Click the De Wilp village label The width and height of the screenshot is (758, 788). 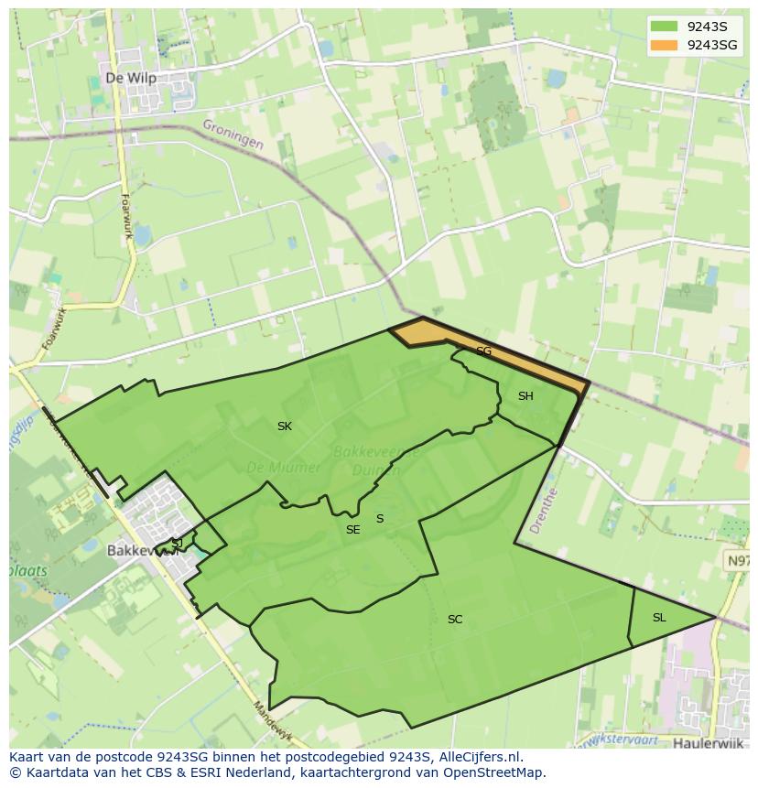[131, 79]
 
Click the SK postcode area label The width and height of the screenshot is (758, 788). [285, 426]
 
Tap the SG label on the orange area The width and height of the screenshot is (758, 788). [483, 351]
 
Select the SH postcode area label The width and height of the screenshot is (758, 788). [525, 396]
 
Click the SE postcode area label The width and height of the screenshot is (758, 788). [352, 530]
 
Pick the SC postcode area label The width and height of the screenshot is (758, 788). [455, 620]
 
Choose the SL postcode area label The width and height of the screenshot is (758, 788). [659, 618]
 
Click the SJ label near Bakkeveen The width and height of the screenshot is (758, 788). [177, 543]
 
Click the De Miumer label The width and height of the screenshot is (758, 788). [284, 468]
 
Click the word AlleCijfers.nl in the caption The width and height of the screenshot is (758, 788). [476, 757]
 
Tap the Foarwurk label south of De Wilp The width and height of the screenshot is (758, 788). [126, 216]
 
